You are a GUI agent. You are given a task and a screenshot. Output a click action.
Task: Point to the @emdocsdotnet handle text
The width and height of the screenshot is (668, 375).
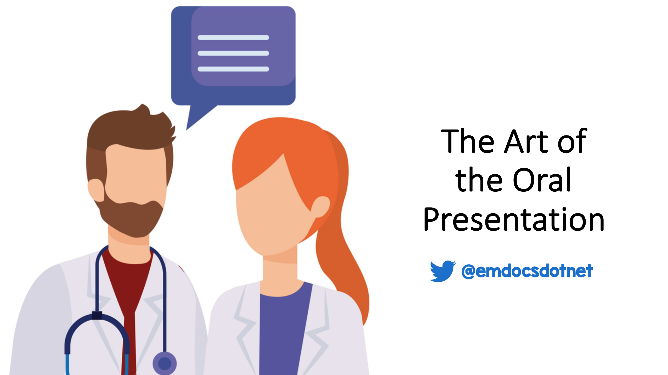coord(527,271)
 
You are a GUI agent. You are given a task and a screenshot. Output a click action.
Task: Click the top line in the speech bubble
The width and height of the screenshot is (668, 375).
coord(233,38)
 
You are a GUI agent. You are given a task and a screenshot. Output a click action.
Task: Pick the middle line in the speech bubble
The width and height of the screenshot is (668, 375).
coord(233,53)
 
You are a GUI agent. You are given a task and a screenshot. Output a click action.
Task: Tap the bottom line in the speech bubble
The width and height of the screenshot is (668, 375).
coord(233,69)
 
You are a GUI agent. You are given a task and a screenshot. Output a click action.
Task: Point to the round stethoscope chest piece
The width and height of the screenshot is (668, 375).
coord(165,363)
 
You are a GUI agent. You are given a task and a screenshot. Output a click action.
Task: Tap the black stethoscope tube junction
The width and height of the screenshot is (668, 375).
coord(97,315)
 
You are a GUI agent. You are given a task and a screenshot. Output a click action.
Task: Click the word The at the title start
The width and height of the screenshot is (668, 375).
coord(468,141)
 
